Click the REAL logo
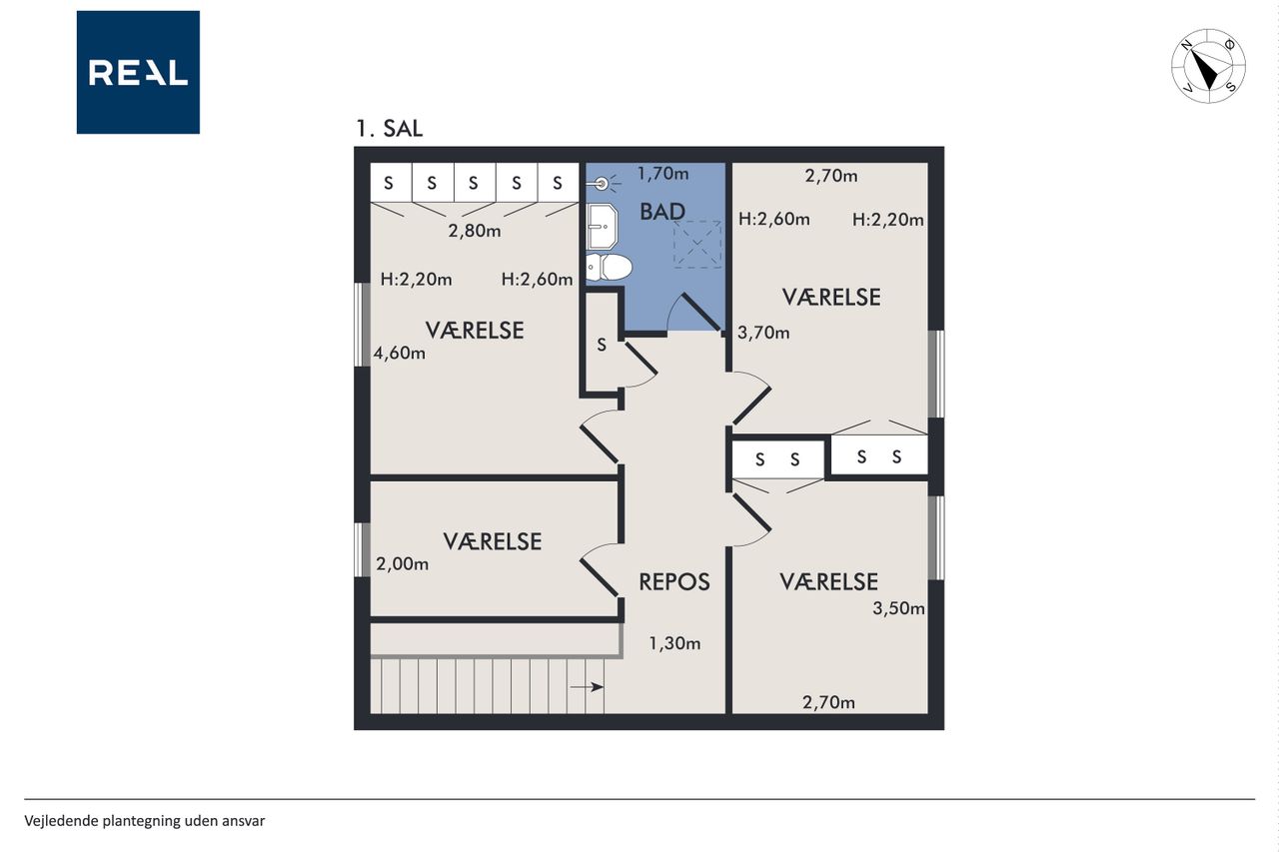pyautogui.click(x=138, y=73)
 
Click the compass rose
pyautogui.click(x=1208, y=66)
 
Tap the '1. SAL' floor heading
pyautogui.click(x=390, y=129)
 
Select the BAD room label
pyautogui.click(x=662, y=212)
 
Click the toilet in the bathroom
pyautogui.click(x=609, y=267)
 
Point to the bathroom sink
pyautogui.click(x=602, y=226)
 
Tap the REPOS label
pyautogui.click(x=674, y=582)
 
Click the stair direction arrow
pyautogui.click(x=587, y=687)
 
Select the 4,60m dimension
pyautogui.click(x=399, y=354)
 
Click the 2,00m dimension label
pyautogui.click(x=402, y=563)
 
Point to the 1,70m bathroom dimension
pyautogui.click(x=662, y=174)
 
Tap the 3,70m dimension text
pyautogui.click(x=763, y=333)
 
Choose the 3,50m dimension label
pyautogui.click(x=898, y=608)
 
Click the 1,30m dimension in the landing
pyautogui.click(x=674, y=643)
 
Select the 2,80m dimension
pyautogui.click(x=475, y=231)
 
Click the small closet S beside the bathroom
pyautogui.click(x=602, y=345)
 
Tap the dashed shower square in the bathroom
pyautogui.click(x=697, y=245)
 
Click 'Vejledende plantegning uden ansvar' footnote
pyautogui.click(x=145, y=821)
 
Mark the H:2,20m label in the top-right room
pyautogui.click(x=888, y=220)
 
